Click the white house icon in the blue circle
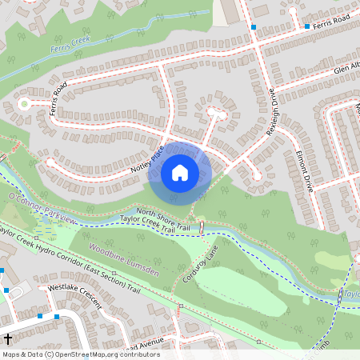tap(180, 172)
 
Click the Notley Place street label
tap(147, 161)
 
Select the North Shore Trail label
tap(162, 216)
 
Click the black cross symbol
tap(7, 339)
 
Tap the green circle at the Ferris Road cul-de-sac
tap(24, 103)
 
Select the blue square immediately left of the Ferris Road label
tap(307, 26)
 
